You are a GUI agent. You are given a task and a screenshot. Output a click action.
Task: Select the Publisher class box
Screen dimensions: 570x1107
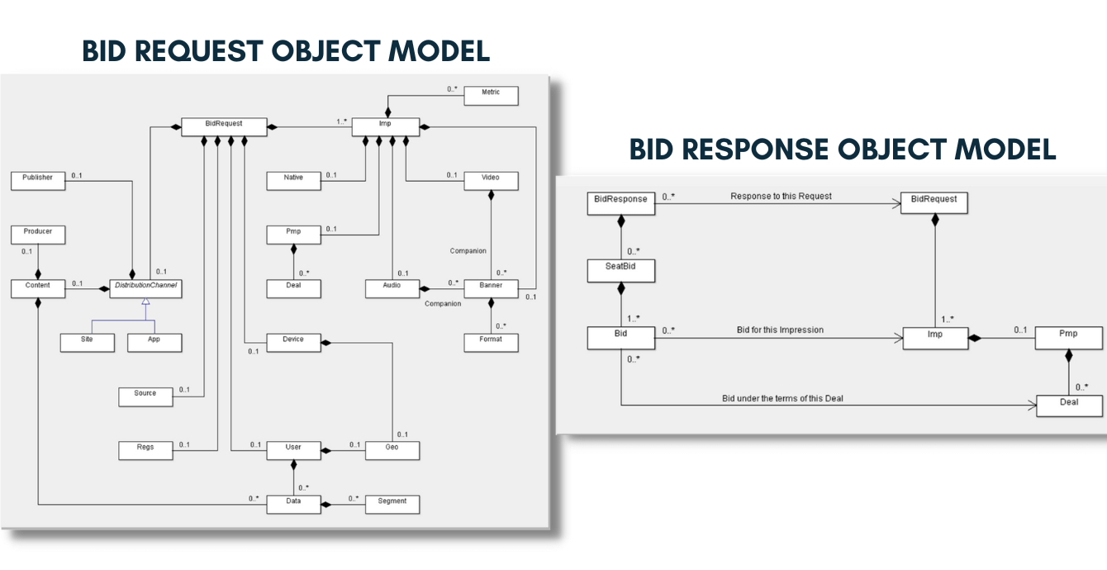pyautogui.click(x=37, y=180)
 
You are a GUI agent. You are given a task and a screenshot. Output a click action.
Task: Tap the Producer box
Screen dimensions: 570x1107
pyautogui.click(x=37, y=235)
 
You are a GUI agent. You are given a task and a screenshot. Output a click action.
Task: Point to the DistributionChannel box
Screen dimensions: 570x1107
pyautogui.click(x=146, y=288)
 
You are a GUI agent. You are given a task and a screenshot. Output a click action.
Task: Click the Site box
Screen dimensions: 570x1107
pyautogui.click(x=87, y=342)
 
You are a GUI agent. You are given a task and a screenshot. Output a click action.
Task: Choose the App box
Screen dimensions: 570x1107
pyautogui.click(x=154, y=342)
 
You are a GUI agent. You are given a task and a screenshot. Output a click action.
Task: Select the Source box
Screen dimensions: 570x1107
pyautogui.click(x=145, y=397)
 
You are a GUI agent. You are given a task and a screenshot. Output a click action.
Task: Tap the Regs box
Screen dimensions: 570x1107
pyautogui.click(x=145, y=450)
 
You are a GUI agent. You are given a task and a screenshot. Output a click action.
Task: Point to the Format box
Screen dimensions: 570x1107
pyautogui.click(x=491, y=342)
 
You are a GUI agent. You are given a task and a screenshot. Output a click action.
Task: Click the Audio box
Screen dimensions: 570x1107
pyautogui.click(x=392, y=288)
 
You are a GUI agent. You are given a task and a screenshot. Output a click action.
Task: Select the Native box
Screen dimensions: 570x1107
pyautogui.click(x=293, y=180)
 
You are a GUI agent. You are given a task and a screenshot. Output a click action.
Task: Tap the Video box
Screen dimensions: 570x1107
pyautogui.click(x=491, y=180)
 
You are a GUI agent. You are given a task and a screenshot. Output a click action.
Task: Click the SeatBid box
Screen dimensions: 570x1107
pyautogui.click(x=620, y=269)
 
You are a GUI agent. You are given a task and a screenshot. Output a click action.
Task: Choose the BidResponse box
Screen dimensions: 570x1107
pyautogui.click(x=620, y=202)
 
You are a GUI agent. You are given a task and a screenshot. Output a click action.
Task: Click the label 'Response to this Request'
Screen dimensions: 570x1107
pyautogui.click(x=781, y=197)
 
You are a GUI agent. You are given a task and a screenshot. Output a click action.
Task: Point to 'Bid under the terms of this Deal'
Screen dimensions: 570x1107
pyautogui.click(x=782, y=398)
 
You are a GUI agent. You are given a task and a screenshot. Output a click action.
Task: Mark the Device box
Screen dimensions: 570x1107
pyautogui.click(x=293, y=342)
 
